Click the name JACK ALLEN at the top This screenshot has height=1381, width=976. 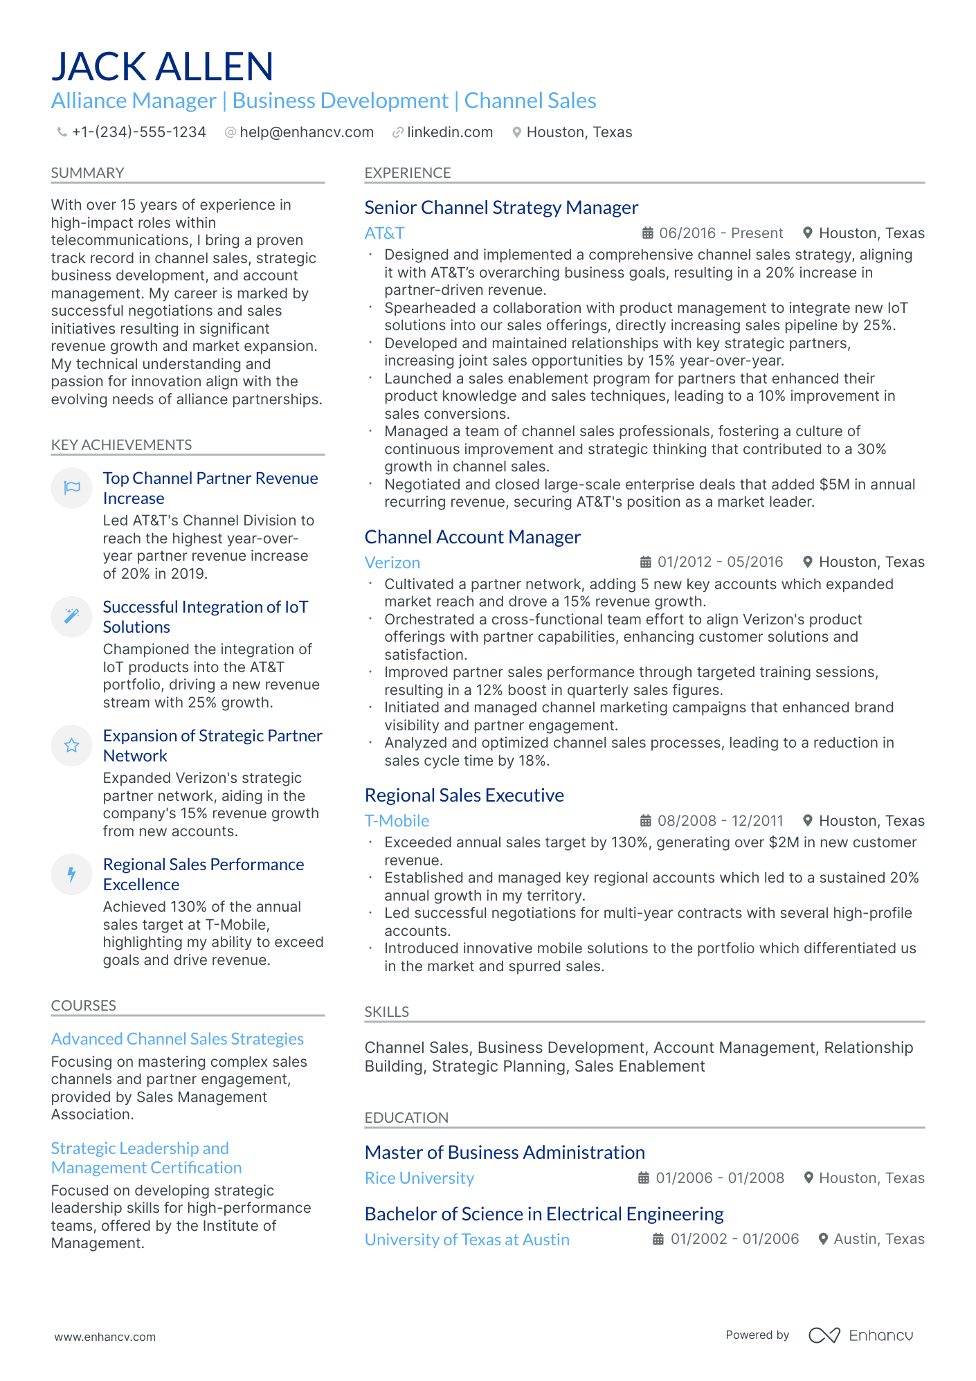click(163, 67)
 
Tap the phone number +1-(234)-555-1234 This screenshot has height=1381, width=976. click(138, 132)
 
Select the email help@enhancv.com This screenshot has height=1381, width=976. click(306, 132)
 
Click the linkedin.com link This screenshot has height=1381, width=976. click(449, 132)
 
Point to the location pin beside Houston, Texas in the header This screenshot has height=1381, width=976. click(516, 132)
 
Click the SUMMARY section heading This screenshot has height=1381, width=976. click(87, 173)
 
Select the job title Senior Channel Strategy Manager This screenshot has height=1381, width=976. click(501, 208)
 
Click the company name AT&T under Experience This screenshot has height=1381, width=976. click(384, 233)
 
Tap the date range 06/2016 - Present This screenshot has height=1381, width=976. click(721, 233)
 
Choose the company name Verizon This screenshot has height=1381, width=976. click(392, 563)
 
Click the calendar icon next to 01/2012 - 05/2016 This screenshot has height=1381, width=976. click(645, 562)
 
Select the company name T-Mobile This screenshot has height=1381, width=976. click(397, 821)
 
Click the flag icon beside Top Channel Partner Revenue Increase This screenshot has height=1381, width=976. click(72, 488)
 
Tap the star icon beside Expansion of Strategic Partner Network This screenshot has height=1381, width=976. click(72, 746)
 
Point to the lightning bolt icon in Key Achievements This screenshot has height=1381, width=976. click(72, 874)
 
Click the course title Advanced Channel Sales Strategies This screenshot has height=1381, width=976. click(177, 1039)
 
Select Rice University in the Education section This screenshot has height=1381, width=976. click(419, 1178)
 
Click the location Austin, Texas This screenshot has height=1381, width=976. click(878, 1239)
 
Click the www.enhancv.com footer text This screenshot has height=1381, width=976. click(105, 1337)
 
